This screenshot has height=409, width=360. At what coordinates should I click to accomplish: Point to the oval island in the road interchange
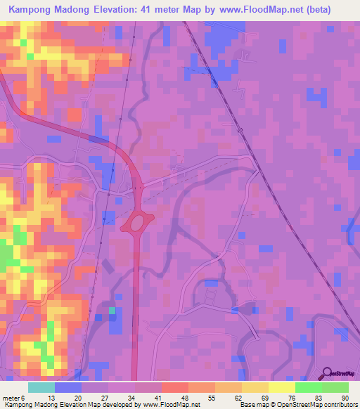click(x=138, y=223)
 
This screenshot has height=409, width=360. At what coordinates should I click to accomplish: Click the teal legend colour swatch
click(x=41, y=387)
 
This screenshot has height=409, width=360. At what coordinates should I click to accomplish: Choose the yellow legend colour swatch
click(x=281, y=387)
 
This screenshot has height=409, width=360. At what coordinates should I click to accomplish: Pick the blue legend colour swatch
click(x=68, y=387)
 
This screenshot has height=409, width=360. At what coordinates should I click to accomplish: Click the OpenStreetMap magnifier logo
click(x=324, y=372)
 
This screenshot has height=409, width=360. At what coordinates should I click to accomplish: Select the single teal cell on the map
click(x=112, y=310)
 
